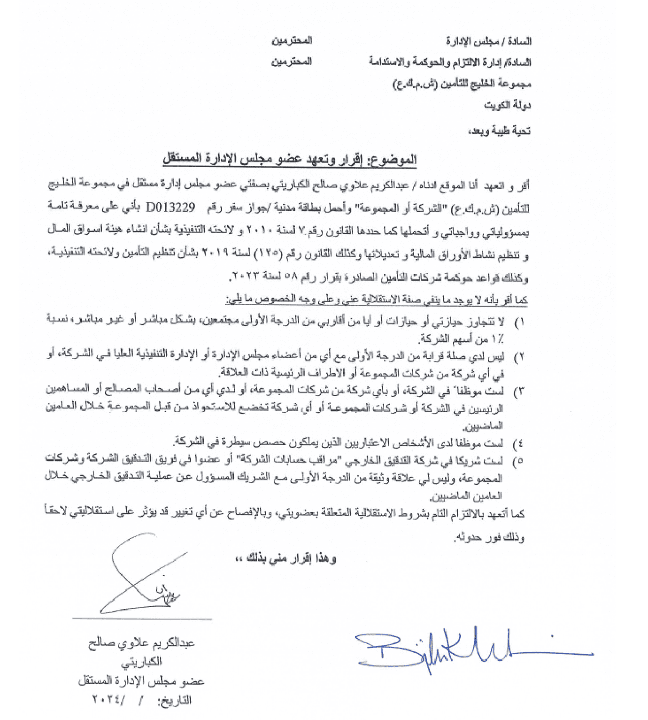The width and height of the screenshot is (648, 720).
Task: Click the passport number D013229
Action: pyautogui.click(x=170, y=207)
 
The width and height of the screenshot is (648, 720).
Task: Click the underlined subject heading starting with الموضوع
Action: pyautogui.click(x=289, y=159)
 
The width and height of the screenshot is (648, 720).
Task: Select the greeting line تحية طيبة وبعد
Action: pyautogui.click(x=499, y=131)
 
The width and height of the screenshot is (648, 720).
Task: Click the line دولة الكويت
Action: pyautogui.click(x=508, y=105)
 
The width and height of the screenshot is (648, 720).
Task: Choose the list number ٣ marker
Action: pyautogui.click(x=520, y=392)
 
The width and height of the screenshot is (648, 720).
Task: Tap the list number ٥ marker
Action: pyautogui.click(x=520, y=462)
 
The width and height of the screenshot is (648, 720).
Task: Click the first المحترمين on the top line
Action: pyautogui.click(x=292, y=41)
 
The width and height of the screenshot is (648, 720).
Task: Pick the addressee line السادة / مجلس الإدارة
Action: pyautogui.click(x=489, y=41)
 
